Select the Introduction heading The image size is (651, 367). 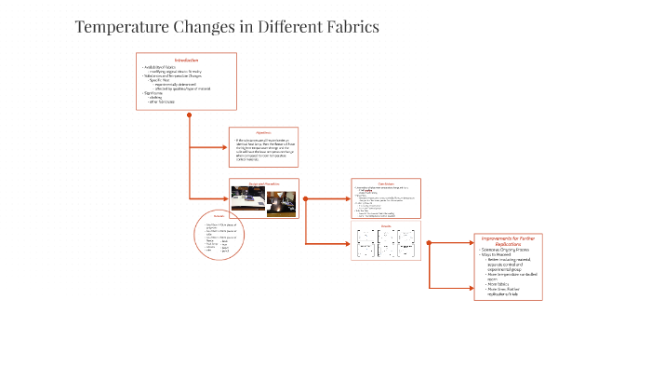tap(186, 61)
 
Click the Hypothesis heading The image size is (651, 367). tap(264, 133)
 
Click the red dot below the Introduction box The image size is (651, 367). tap(189, 116)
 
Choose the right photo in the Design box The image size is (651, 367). tap(282, 202)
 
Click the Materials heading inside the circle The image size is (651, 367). tap(219, 217)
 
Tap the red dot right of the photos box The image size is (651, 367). tap(306, 198)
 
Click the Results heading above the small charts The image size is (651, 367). tap(386, 225)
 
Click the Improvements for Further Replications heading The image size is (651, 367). tap(507, 241)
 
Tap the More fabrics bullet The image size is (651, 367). tap(496, 282)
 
